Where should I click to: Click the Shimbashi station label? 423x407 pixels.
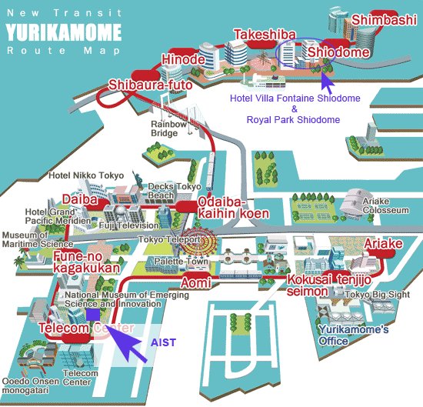(x=384, y=20)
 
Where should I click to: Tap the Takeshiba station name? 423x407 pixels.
(x=265, y=35)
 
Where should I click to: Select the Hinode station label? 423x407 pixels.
(x=184, y=59)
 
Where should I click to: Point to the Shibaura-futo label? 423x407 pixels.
(x=150, y=85)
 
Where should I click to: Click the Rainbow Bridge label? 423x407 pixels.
(x=168, y=128)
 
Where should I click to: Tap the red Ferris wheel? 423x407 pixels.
(x=198, y=242)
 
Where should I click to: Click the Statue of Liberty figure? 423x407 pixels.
(x=138, y=179)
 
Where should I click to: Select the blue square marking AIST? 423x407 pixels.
(x=93, y=315)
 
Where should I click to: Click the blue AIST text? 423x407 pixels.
(x=163, y=342)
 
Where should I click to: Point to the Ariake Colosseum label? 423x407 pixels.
(x=386, y=205)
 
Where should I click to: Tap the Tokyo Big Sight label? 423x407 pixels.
(x=378, y=295)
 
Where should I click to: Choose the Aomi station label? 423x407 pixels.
(x=196, y=283)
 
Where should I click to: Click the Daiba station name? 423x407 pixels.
(x=80, y=200)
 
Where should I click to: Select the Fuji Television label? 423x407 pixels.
(x=129, y=225)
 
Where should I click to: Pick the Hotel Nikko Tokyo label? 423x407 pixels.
(x=86, y=175)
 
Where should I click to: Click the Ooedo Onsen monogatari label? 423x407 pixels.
(x=30, y=386)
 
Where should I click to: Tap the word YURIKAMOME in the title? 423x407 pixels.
(x=64, y=32)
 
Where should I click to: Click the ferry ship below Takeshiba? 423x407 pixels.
(x=263, y=82)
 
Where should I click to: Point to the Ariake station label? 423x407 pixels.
(x=383, y=244)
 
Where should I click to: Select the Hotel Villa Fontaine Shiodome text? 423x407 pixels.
(x=295, y=98)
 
